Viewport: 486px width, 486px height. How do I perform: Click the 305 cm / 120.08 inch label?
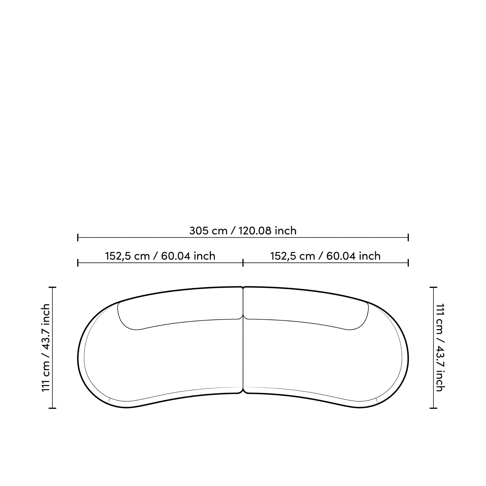(x=243, y=231)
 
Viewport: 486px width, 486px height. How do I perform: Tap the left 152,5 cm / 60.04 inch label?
(x=160, y=256)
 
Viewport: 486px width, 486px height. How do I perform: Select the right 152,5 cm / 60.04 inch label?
(x=325, y=256)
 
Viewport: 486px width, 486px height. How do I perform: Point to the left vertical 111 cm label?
(x=46, y=348)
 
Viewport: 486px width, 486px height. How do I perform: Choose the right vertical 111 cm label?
(x=440, y=348)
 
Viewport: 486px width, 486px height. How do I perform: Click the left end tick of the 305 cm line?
(x=78, y=237)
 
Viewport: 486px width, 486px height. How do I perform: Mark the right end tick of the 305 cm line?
(x=408, y=237)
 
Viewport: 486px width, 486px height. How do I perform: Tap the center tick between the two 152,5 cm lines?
(x=243, y=263)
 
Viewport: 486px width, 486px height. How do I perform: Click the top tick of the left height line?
(x=52, y=287)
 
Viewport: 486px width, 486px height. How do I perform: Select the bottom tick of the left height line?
(x=52, y=408)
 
